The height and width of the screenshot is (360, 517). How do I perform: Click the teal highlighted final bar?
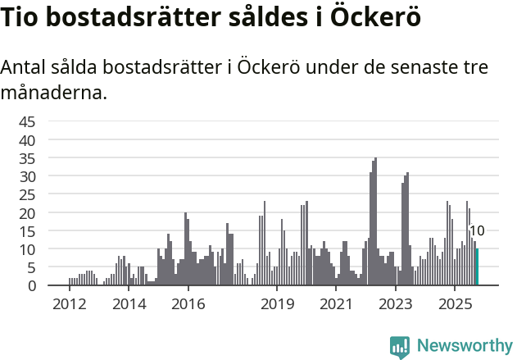coord(477,267)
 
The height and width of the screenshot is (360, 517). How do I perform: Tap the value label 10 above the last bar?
coord(476,231)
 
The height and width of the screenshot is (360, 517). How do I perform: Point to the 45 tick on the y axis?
coord(27,122)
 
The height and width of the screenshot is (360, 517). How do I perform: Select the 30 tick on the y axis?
coord(27,176)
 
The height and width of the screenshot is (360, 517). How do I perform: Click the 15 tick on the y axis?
coord(27,231)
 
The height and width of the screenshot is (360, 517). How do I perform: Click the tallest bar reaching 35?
coord(375,221)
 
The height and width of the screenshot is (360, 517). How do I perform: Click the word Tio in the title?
coord(21,19)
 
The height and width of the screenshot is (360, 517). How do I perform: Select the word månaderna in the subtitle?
coord(54,93)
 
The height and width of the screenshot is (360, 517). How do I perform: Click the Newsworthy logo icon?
coord(400,347)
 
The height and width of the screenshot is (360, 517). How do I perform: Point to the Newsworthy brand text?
coord(464,346)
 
